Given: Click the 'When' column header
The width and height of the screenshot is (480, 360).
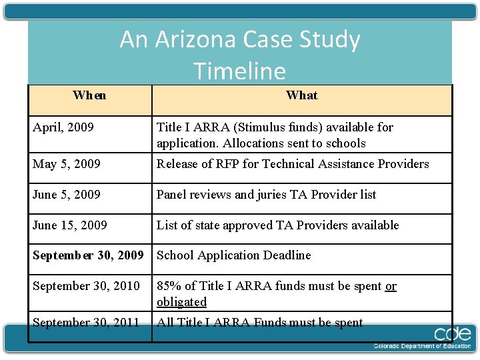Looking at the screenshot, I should point(89,95).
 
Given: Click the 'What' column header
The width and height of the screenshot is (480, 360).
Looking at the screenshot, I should point(301,95).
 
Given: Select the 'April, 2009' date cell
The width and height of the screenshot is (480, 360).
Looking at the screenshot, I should point(63,127).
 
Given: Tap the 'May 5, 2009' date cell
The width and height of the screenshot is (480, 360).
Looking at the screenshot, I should point(67,164).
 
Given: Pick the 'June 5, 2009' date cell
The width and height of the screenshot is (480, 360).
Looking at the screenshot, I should point(67,195).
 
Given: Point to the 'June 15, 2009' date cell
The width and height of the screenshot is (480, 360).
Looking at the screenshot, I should point(70,225).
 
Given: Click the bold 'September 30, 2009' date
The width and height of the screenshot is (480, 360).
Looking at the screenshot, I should point(88,255).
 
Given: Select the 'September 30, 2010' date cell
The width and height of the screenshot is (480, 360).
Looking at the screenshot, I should point(86,286).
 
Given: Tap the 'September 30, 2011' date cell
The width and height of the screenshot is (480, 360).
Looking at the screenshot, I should point(86,323).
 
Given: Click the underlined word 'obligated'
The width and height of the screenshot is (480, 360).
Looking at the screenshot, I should point(181,302).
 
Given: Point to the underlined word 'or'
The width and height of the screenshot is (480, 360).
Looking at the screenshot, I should point(391,286).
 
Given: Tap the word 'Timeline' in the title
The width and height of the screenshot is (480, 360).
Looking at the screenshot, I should point(239,71).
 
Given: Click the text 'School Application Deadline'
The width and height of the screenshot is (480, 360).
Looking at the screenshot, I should point(233,255).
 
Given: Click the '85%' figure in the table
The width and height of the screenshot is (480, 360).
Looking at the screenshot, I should point(168,286).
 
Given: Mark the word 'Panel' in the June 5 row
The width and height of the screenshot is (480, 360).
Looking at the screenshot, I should point(171,195).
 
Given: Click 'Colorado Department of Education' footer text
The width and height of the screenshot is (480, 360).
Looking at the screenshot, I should point(421,347).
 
